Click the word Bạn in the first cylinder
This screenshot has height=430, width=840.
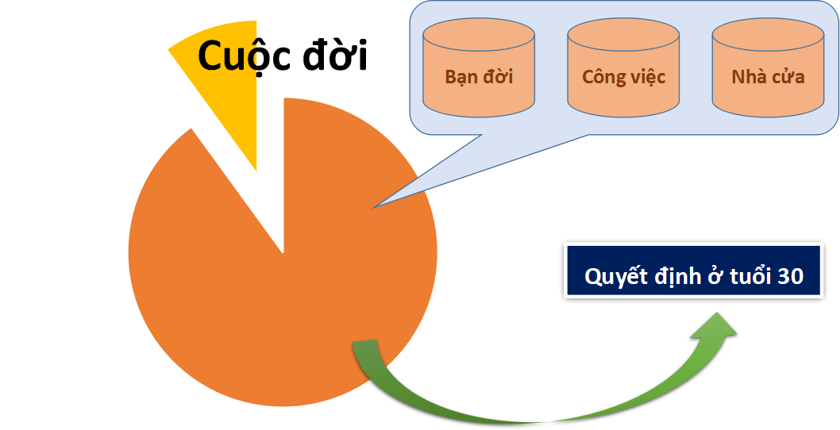pos(461,77)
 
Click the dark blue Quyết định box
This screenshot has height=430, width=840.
pos(702,271)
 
